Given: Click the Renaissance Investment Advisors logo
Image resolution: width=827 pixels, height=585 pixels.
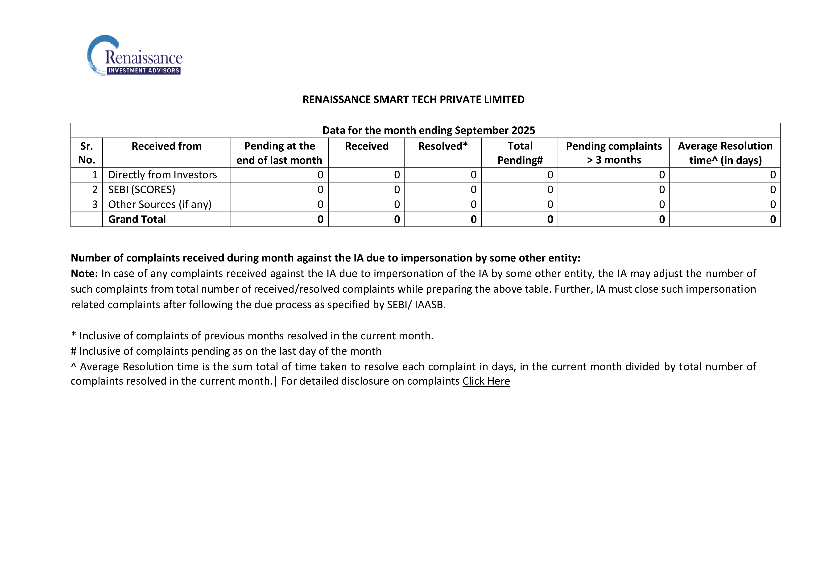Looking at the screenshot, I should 135,56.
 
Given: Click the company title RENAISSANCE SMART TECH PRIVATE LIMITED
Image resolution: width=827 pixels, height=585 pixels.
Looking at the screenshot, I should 413,100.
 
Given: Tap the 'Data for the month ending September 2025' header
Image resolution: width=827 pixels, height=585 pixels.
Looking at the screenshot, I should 428,130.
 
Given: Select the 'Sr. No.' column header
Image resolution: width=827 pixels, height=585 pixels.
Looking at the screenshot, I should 87,153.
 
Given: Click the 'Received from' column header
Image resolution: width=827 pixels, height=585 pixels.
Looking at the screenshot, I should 166,146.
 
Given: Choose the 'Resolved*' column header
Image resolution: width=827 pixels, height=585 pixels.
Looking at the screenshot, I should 443,146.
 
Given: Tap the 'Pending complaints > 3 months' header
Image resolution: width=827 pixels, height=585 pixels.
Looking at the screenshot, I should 613,153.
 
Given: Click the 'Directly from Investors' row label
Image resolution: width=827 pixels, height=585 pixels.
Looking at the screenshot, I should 162,175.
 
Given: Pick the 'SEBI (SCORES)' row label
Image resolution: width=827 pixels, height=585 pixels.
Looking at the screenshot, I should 141,190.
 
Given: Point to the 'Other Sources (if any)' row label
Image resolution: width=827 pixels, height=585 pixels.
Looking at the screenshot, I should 160,204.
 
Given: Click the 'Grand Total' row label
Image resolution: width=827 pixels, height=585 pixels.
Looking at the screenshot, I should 137,219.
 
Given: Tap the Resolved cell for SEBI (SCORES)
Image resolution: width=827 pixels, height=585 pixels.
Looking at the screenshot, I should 473,190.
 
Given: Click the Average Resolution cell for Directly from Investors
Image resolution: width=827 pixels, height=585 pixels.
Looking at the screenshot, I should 773,175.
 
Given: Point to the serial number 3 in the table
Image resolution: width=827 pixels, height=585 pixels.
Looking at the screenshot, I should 95,204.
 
